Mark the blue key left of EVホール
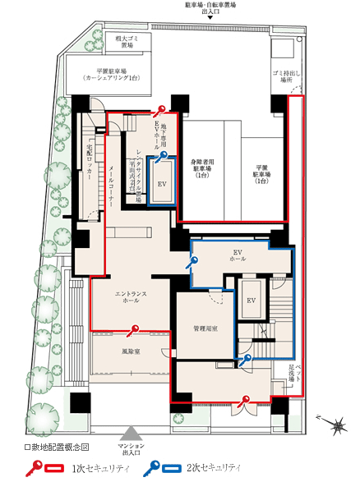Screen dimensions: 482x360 pos(194,263)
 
